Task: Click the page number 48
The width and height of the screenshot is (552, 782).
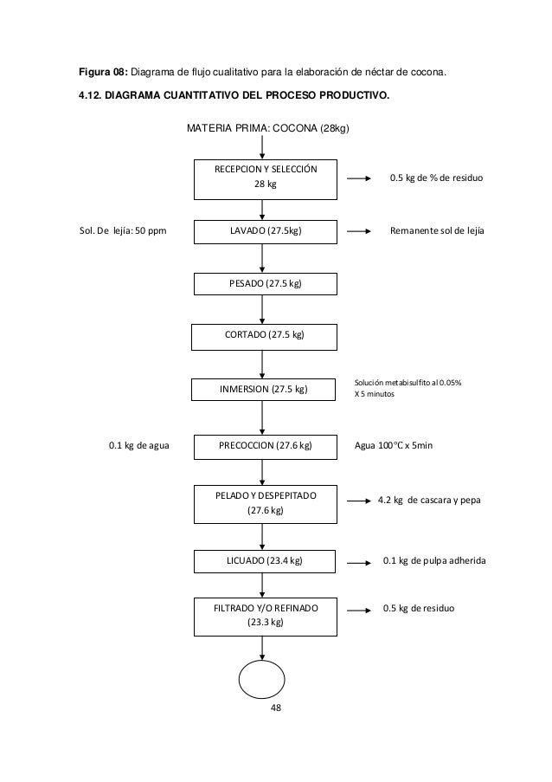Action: [275, 708]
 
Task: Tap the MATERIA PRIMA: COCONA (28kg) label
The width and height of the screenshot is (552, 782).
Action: [268, 128]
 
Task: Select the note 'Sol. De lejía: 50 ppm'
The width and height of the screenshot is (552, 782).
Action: [123, 231]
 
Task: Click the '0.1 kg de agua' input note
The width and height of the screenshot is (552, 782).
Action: [139, 445]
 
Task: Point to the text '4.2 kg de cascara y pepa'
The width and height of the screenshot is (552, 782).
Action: [429, 501]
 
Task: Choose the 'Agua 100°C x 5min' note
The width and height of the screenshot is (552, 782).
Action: [394, 445]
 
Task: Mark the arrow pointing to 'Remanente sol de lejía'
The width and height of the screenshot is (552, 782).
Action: [359, 231]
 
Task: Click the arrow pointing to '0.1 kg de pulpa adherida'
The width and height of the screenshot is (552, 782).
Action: [359, 563]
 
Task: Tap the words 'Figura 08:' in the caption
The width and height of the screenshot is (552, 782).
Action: [104, 73]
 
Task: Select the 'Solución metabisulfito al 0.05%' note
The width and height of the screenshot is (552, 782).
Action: [408, 383]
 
